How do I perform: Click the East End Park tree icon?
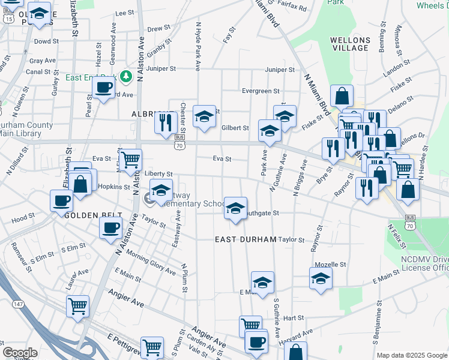click(x=126, y=76)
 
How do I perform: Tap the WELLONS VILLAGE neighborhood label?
click(x=350, y=44)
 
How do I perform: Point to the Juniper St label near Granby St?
click(x=160, y=69)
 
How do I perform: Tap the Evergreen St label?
click(x=261, y=91)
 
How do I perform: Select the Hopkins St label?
click(x=113, y=187)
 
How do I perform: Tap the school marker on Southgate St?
click(x=235, y=208)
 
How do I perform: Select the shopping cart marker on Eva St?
click(x=130, y=160)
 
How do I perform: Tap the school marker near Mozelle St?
click(x=321, y=278)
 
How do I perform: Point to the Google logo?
click(x=20, y=353)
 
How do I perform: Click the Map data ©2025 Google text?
click(x=411, y=355)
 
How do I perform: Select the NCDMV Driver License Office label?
click(x=424, y=262)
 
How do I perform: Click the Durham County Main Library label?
click(x=26, y=130)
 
